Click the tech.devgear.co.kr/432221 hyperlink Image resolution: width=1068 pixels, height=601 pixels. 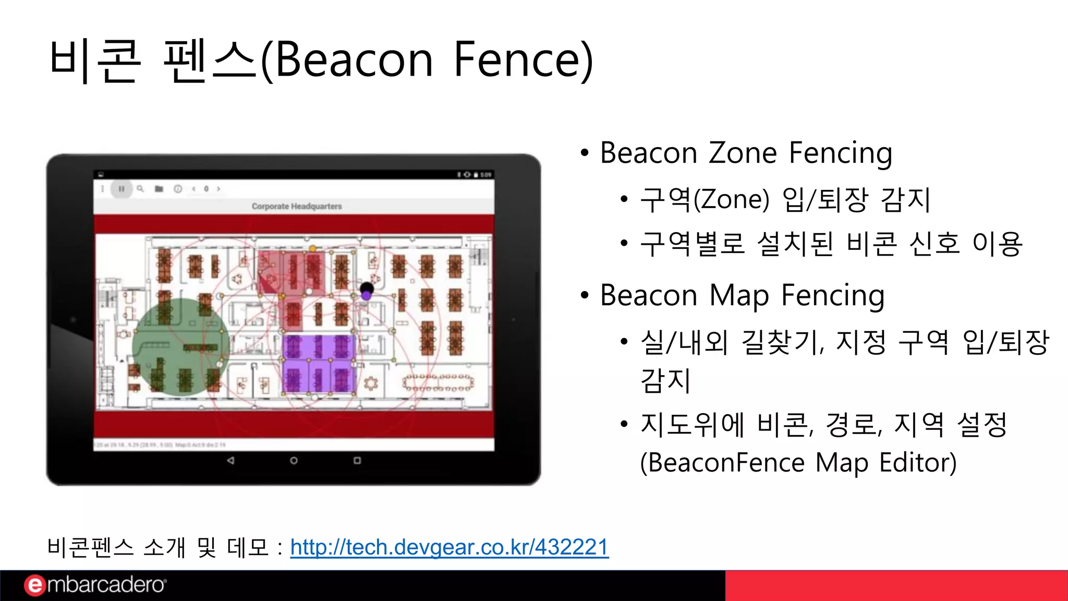click(449, 547)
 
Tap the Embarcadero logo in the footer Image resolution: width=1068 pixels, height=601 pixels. click(95, 585)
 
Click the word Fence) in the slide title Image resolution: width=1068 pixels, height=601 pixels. click(523, 60)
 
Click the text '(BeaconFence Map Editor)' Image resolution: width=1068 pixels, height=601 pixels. click(798, 462)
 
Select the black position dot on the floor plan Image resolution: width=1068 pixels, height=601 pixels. click(367, 288)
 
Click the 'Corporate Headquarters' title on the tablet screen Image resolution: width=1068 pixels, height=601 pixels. click(297, 207)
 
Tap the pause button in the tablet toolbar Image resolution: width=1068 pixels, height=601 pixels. click(121, 189)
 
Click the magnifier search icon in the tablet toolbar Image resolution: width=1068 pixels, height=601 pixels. click(140, 188)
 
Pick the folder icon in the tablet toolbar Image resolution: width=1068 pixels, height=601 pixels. click(159, 189)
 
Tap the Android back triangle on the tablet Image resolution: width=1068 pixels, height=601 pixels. click(230, 461)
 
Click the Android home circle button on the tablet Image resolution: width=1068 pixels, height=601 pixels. click(294, 461)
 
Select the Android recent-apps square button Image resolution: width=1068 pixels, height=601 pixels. click(357, 461)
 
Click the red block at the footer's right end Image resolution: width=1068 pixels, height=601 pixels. click(896, 585)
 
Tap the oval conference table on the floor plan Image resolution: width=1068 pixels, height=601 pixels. click(438, 382)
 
